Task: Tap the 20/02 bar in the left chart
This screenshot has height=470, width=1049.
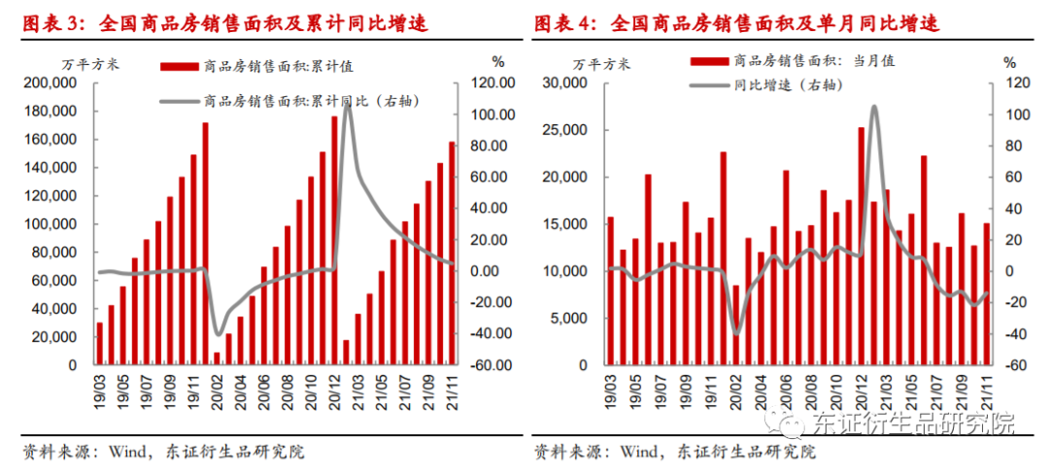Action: [x=217, y=358]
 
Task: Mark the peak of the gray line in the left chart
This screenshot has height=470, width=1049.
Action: [x=347, y=102]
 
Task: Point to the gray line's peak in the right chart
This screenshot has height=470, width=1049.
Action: [x=874, y=107]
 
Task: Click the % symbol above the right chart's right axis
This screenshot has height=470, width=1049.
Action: [x=1009, y=62]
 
